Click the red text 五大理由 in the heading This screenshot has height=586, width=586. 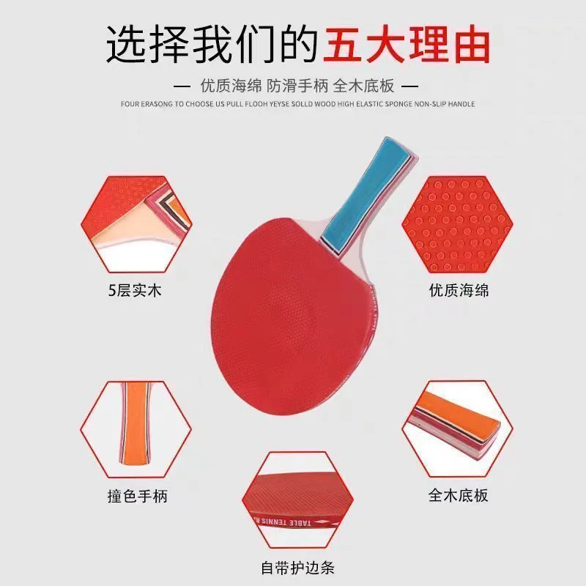coord(407,44)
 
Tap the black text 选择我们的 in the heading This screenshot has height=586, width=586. coord(212,44)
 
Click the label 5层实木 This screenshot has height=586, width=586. coord(135,290)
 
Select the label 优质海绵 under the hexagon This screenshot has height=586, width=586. coord(459,290)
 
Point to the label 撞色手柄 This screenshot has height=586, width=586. coord(138,496)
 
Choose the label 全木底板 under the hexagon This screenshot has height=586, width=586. coord(459,495)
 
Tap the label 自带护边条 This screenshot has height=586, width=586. coord(297,568)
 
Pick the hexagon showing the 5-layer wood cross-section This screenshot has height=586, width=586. coord(136,224)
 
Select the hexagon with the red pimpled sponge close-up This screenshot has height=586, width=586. coord(457,224)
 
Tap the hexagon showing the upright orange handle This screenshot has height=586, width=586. coord(136,429)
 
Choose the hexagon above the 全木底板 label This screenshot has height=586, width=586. coord(457,429)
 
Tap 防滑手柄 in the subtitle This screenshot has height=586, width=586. coord(297,86)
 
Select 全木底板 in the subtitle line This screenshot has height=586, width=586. coord(363,86)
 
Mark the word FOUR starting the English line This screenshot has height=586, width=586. coord(130,104)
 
